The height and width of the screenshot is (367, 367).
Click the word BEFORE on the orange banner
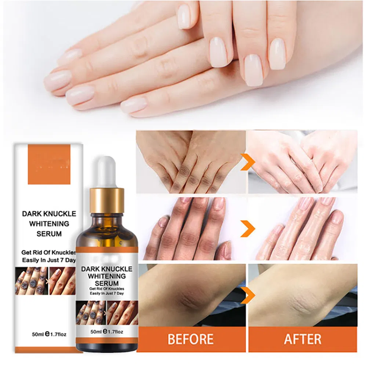(x=191, y=339)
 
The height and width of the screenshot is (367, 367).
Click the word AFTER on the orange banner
(x=302, y=339)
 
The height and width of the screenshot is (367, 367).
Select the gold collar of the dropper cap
(x=107, y=200)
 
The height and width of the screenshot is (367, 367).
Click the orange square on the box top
(x=49, y=164)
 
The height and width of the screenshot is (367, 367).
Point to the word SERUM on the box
(x=49, y=234)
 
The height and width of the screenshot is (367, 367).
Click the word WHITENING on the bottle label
(x=106, y=276)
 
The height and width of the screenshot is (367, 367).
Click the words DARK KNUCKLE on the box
(x=49, y=213)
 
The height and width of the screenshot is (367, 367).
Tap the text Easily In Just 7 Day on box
(x=49, y=260)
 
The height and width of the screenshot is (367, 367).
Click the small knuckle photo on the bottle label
(x=106, y=313)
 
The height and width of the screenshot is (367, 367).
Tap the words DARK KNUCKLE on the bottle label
(x=106, y=268)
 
